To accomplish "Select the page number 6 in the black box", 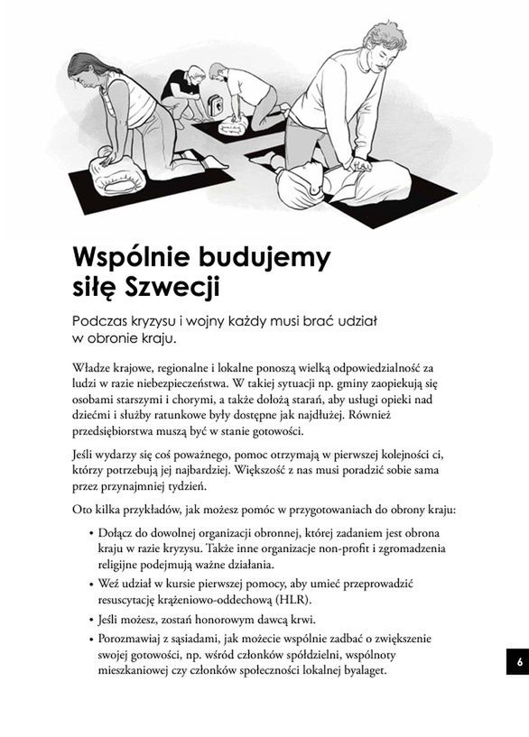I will tap(520, 661).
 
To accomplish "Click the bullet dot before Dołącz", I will tap(92, 533).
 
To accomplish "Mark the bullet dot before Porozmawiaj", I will tap(92, 638).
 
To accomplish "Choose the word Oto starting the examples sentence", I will tap(83, 510).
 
